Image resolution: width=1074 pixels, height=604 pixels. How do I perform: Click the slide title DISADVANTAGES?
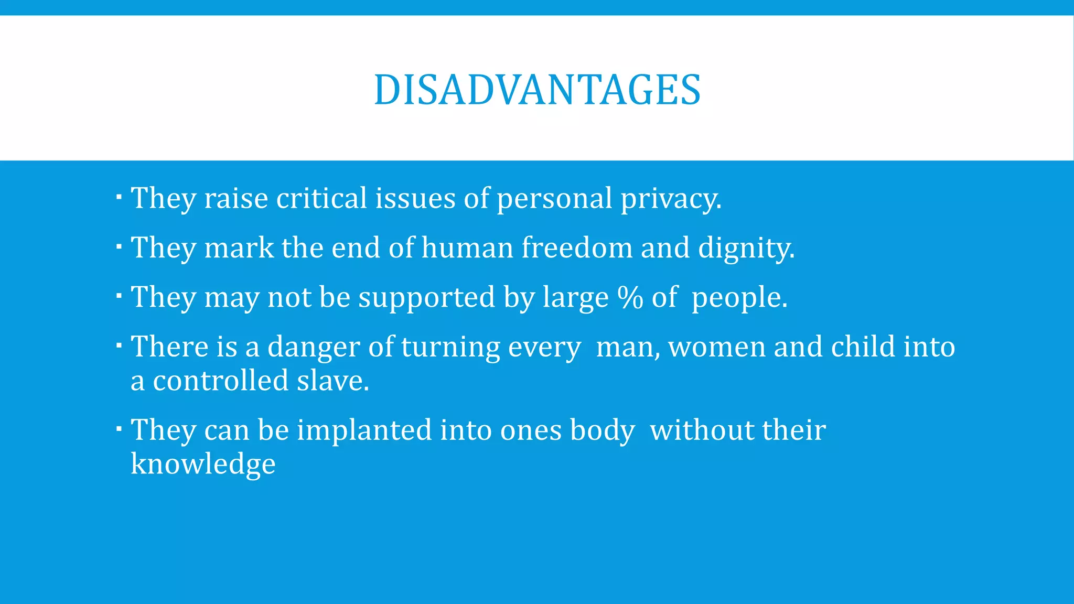coord(537,90)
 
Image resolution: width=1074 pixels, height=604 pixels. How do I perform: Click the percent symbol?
coord(630,297)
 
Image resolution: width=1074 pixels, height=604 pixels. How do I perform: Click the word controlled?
coord(220,380)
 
